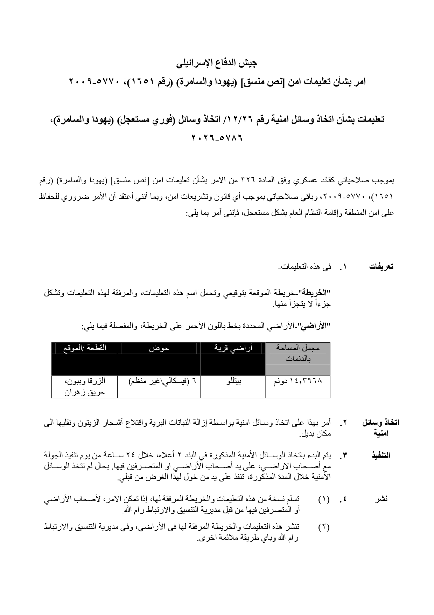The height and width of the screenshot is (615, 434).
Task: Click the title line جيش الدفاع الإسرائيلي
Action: click(x=217, y=63)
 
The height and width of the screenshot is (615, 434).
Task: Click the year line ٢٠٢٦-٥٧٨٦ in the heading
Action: click(x=217, y=138)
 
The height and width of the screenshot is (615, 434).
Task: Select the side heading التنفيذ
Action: click(x=380, y=456)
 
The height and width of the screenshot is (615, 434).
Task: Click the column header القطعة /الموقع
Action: click(x=84, y=348)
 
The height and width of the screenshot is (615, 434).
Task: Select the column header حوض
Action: click(x=159, y=348)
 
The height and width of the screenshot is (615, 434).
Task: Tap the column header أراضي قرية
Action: click(x=233, y=348)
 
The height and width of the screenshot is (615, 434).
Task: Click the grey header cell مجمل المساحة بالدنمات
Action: click(x=298, y=353)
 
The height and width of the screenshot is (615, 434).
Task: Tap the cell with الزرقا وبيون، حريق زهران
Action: click(x=84, y=387)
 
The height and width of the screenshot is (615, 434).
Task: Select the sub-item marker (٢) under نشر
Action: click(x=324, y=527)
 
